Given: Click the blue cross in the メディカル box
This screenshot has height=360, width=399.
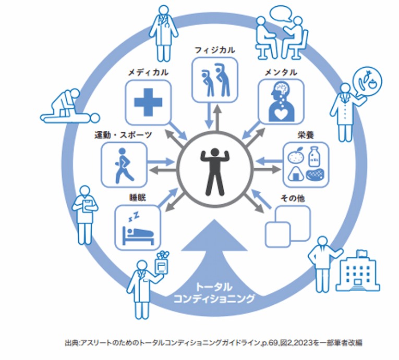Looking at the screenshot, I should tap(148, 102).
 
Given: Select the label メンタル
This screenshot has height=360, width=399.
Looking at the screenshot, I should tap(281, 72).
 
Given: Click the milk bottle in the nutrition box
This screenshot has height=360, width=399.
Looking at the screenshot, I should tap(315, 156).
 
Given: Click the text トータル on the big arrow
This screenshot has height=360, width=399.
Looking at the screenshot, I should tap(214, 286).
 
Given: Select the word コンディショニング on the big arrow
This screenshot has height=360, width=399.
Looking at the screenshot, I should tap(214, 299).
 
